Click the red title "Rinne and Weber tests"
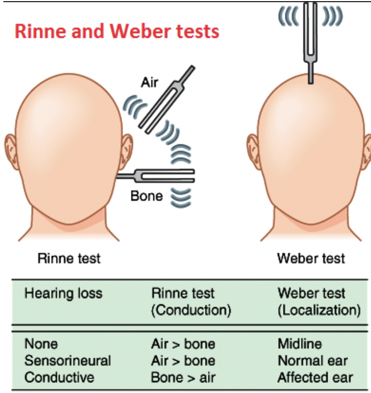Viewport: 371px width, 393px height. pyautogui.click(x=117, y=31)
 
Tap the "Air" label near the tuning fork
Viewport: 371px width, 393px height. pyautogui.click(x=149, y=83)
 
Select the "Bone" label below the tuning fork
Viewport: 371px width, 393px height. pyautogui.click(x=147, y=196)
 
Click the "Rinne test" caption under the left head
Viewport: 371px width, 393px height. pyautogui.click(x=69, y=258)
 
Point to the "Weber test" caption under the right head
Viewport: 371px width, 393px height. pyautogui.click(x=311, y=258)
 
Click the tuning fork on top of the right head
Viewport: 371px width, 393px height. pyautogui.click(x=309, y=39)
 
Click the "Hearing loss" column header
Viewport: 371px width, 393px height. pyautogui.click(x=64, y=293)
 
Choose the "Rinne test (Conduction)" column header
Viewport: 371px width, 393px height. pyautogui.click(x=191, y=301)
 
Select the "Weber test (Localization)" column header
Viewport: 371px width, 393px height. pyautogui.click(x=319, y=301)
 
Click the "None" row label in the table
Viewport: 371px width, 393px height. pyautogui.click(x=41, y=344)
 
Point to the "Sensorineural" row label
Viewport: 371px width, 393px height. pyautogui.click(x=67, y=361)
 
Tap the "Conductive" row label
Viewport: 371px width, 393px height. pyautogui.click(x=60, y=377)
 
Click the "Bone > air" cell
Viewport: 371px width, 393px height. pyautogui.click(x=183, y=377)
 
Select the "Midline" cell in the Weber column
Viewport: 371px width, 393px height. pyautogui.click(x=300, y=344)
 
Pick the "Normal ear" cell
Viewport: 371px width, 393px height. pyautogui.click(x=312, y=361)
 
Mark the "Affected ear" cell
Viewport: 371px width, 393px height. pyautogui.click(x=315, y=377)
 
